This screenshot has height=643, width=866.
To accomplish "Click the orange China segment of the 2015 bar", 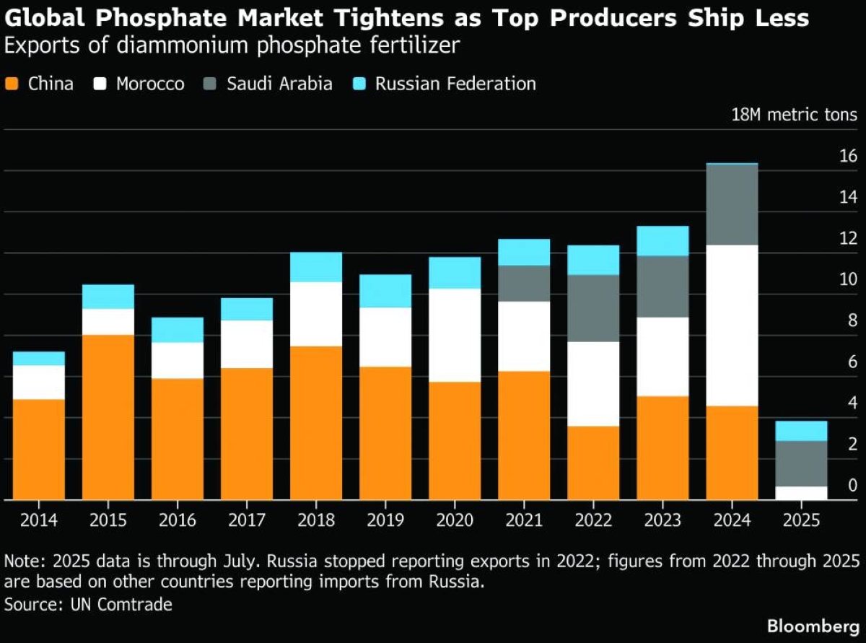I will coord(108,417).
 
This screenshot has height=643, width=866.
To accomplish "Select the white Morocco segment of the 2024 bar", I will coord(732,325).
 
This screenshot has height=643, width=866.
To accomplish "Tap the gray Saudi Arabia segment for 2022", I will coord(593,308).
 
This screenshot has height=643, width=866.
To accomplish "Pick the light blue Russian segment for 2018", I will coord(316,267).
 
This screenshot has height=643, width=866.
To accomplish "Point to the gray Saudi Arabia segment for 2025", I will coord(801,463).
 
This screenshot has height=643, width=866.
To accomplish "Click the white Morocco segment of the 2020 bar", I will coord(455,335).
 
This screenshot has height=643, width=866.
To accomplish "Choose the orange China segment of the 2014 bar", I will coord(39,449).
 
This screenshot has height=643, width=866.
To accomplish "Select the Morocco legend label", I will coord(150,84).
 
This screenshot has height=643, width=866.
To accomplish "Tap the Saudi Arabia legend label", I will coord(279,84).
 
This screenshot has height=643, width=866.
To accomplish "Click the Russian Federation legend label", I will coord(455,84).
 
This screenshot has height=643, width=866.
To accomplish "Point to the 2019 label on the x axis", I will coord(385,520).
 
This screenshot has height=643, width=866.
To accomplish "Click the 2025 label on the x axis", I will coord(801,520).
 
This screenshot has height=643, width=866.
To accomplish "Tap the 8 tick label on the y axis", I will coord(852,320).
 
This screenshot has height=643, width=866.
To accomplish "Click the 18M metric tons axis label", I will coord(795,115).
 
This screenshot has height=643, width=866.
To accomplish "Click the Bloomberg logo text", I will coord(812,626).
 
